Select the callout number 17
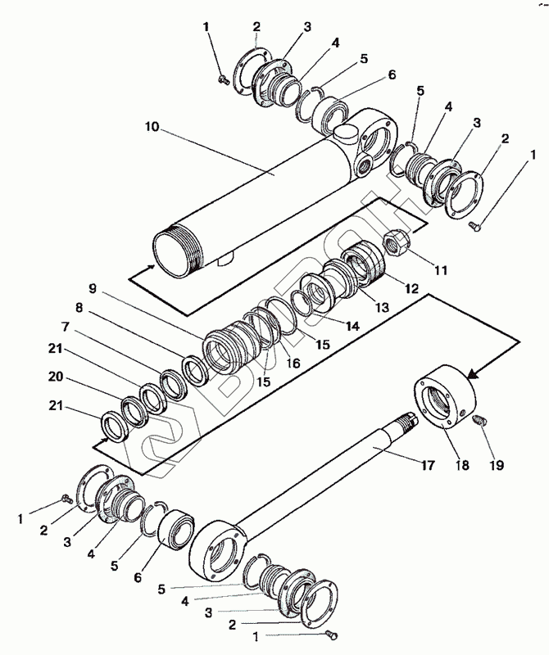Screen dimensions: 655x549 pyautogui.click(x=428, y=467)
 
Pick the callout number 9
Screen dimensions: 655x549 pyautogui.click(x=93, y=288)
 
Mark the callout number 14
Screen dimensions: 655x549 pyautogui.click(x=352, y=325)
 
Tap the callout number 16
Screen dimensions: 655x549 pyautogui.click(x=293, y=361)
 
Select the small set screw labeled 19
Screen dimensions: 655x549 pyautogui.click(x=481, y=420)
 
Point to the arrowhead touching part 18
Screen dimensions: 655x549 pyautogui.click(x=474, y=373)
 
